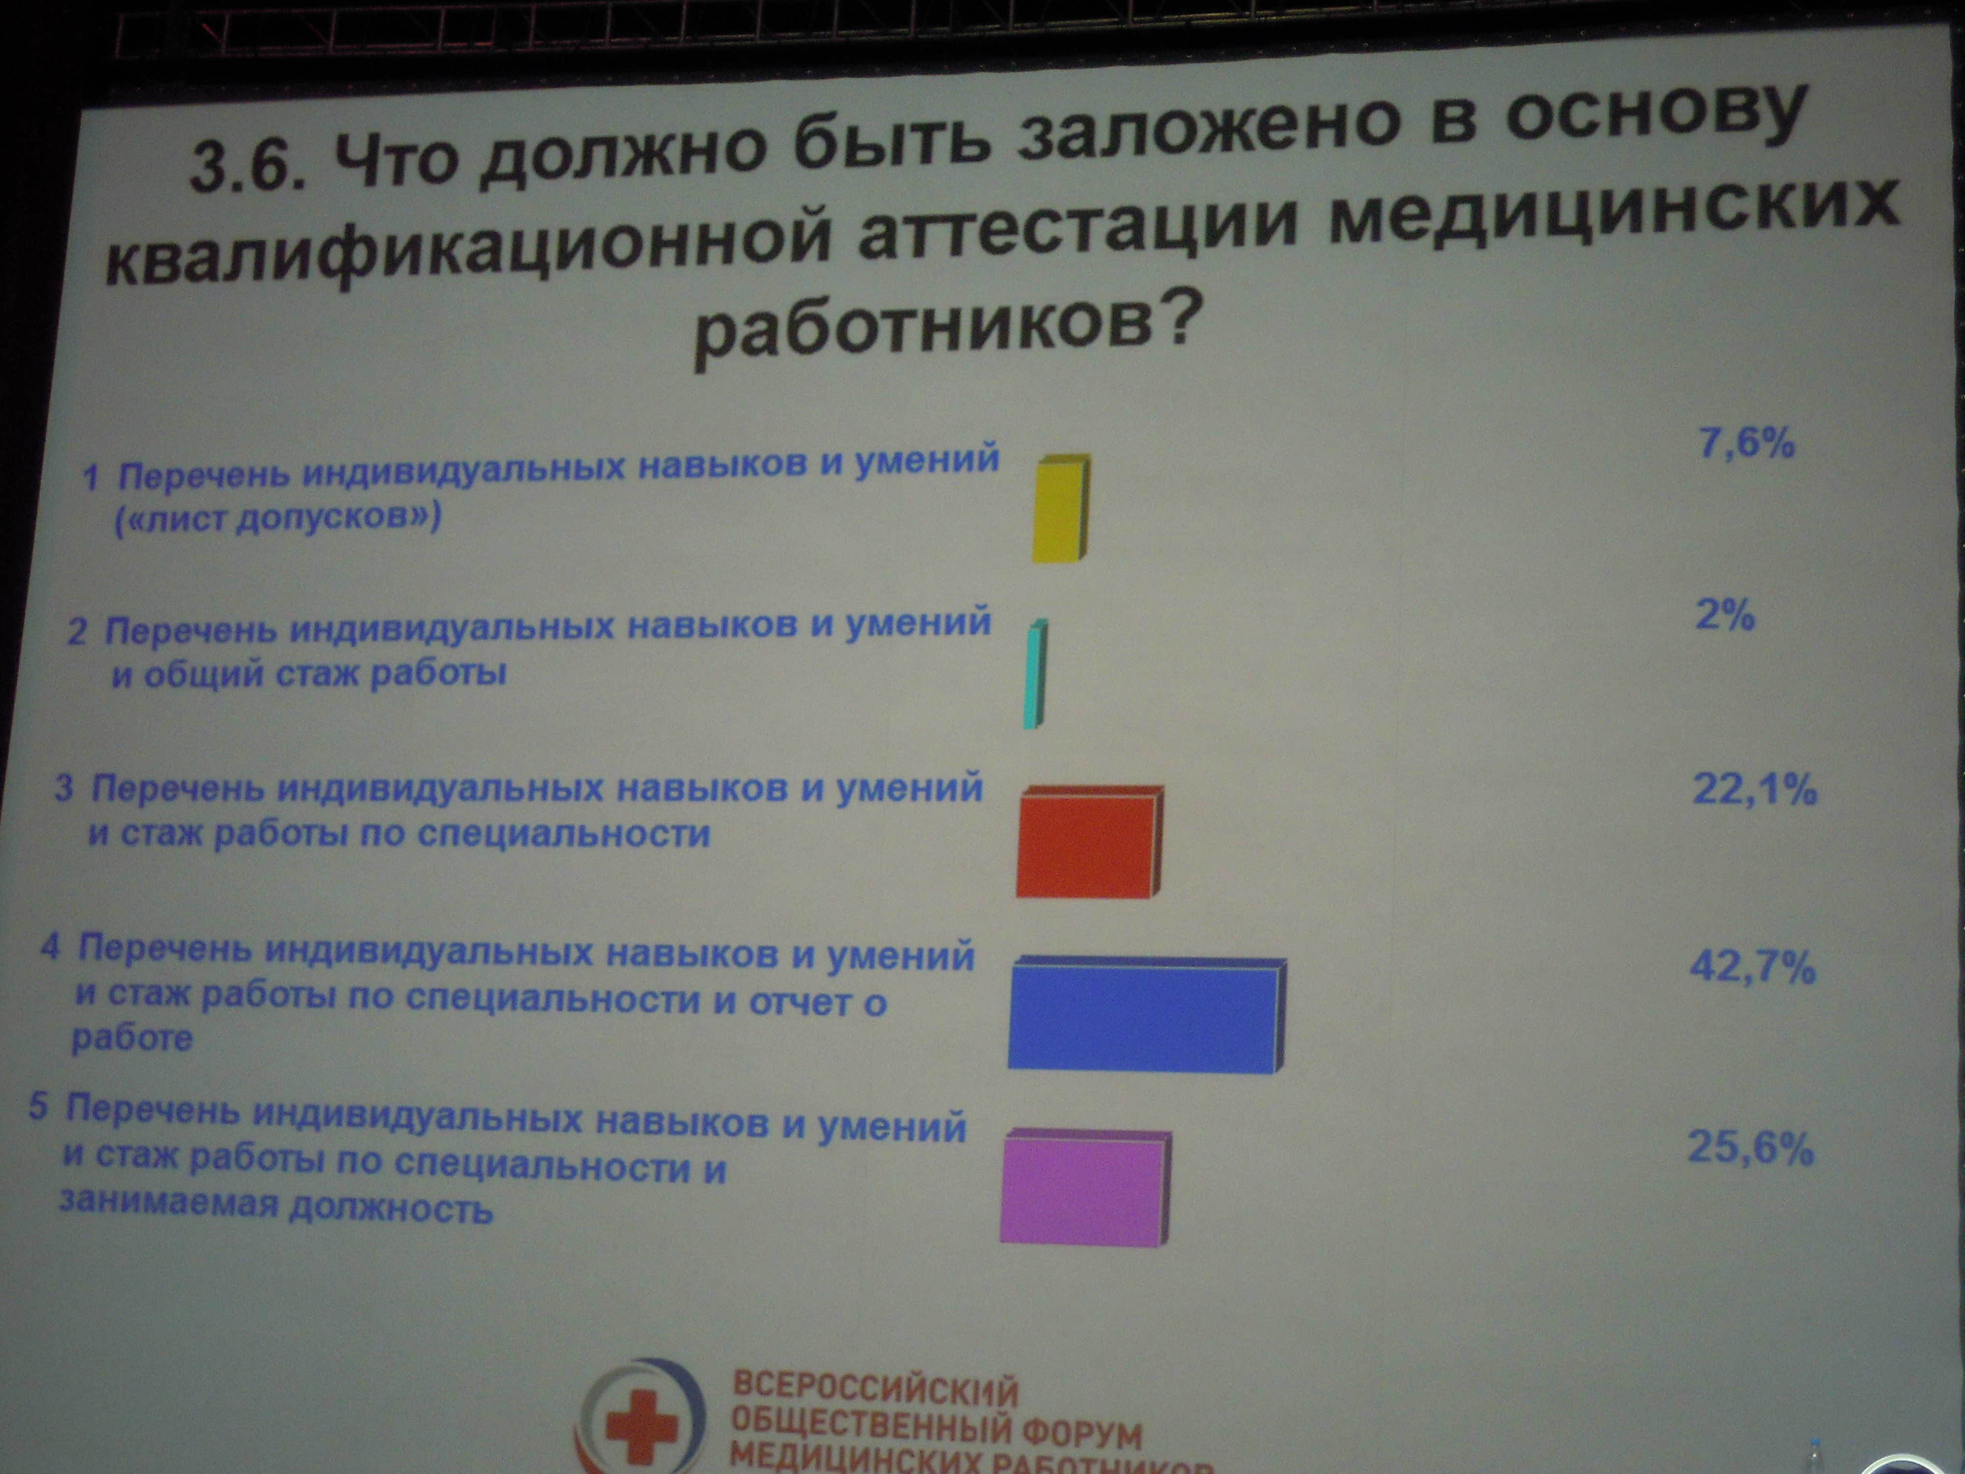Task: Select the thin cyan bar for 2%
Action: point(1035,675)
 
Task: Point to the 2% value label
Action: point(1725,615)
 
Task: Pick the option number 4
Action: point(51,947)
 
